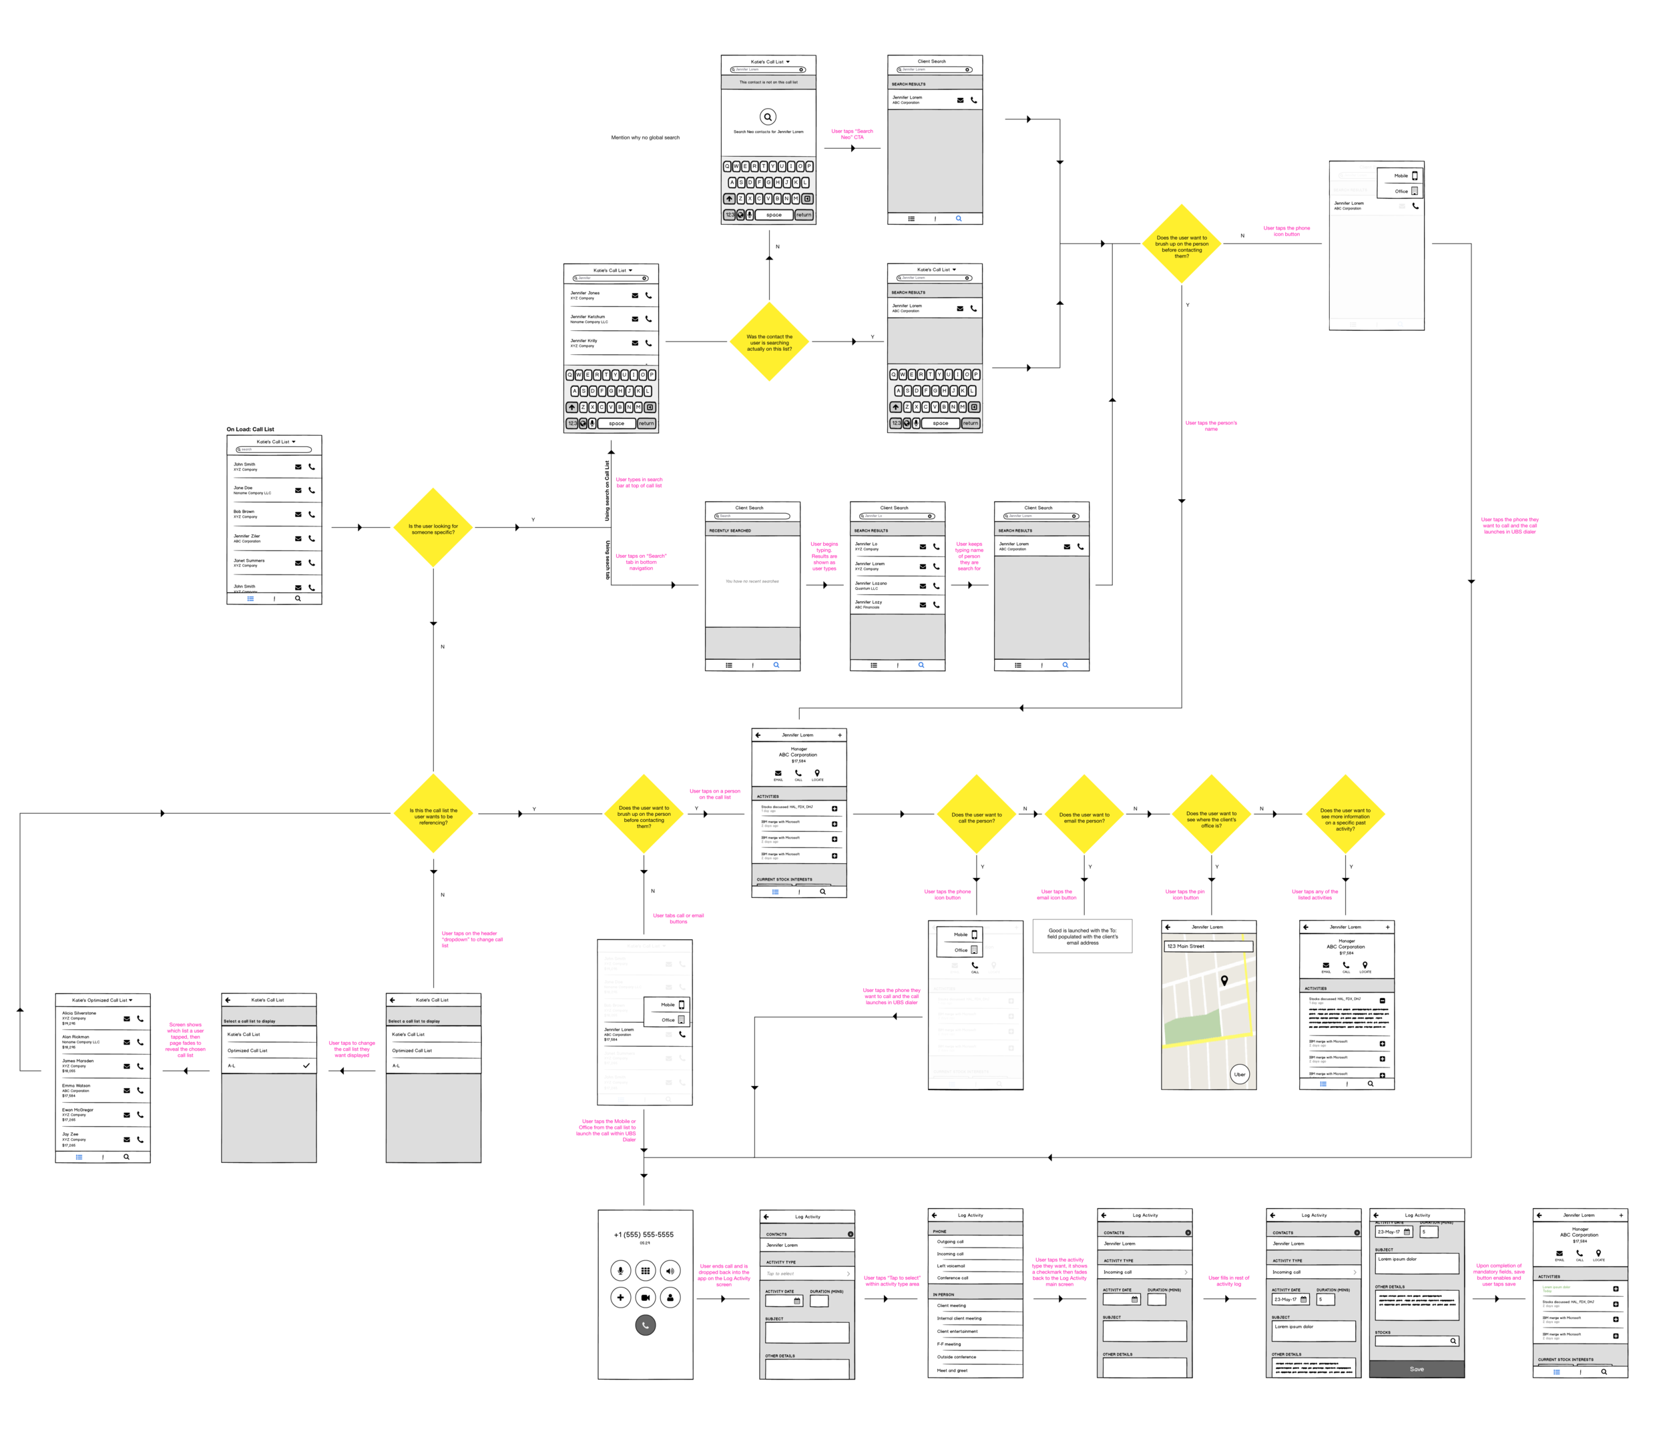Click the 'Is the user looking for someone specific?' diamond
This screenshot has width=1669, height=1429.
(433, 528)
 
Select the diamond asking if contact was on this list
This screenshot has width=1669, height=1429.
(769, 342)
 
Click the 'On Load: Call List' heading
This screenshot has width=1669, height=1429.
(250, 429)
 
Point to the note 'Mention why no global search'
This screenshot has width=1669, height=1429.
(644, 137)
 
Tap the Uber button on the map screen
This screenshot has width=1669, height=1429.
(1239, 1074)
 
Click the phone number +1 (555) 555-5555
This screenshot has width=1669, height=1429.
(644, 1234)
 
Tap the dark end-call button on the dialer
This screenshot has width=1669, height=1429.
(645, 1324)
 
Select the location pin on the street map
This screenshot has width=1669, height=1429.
(1224, 980)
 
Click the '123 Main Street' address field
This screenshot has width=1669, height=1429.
(1208, 946)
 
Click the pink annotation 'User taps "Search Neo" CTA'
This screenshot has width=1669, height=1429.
(851, 133)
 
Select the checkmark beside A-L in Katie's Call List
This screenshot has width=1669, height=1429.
(306, 1065)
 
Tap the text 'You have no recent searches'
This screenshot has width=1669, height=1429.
(752, 581)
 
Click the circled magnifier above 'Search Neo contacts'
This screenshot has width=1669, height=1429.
(768, 117)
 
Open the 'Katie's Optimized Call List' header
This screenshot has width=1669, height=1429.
(101, 1000)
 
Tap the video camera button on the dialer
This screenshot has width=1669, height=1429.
(645, 1297)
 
